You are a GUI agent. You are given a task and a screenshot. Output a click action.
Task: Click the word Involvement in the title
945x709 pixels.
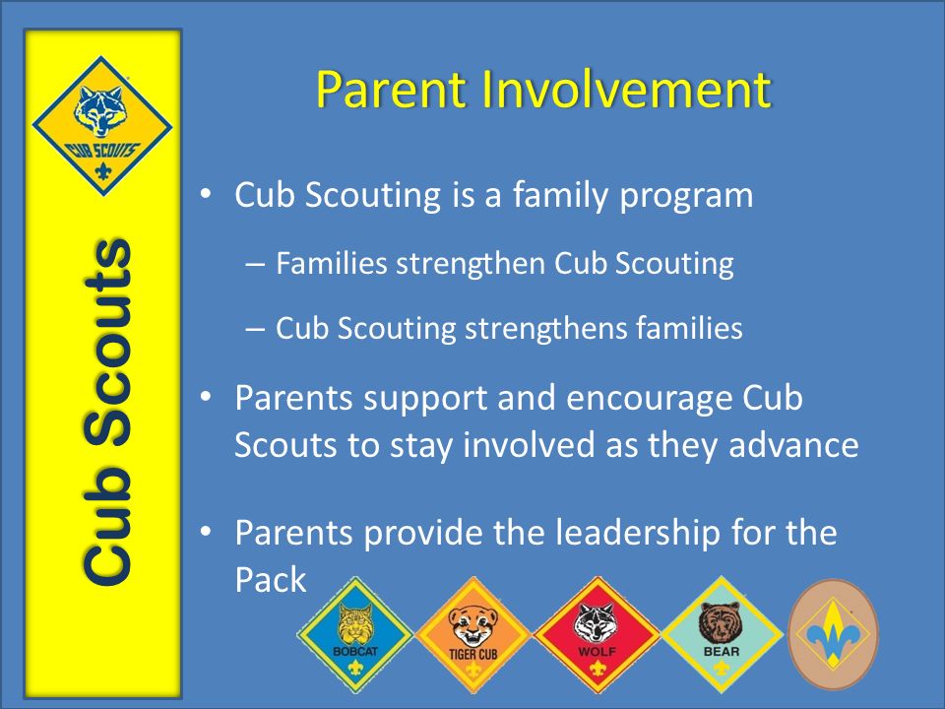tap(625, 91)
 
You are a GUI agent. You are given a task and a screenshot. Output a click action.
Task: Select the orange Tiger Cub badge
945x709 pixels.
tap(473, 636)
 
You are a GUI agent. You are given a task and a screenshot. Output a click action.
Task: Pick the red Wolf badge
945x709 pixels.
tap(596, 636)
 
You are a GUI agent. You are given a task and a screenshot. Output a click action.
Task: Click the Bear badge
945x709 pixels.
tap(720, 634)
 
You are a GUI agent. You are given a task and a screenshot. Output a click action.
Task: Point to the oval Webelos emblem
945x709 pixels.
tap(834, 632)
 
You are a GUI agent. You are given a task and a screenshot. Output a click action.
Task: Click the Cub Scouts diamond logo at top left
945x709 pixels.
tap(102, 125)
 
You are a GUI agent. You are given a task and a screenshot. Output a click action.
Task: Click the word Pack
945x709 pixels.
tap(271, 580)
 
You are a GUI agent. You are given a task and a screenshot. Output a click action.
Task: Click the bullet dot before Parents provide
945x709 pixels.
tap(207, 533)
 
